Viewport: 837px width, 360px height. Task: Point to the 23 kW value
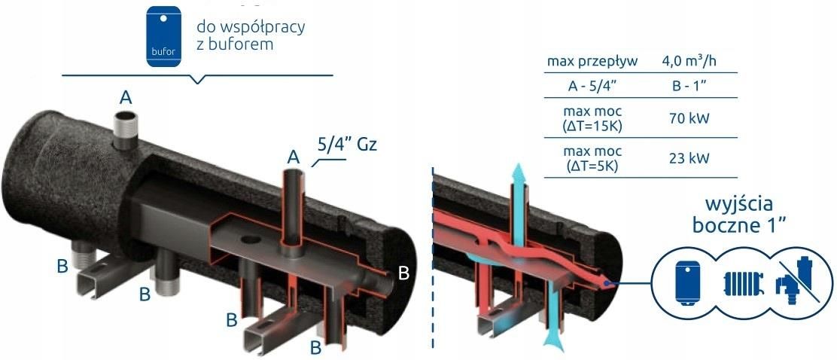[686, 158]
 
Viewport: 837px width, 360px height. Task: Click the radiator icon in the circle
[742, 284]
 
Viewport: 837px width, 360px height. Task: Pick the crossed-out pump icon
[795, 285]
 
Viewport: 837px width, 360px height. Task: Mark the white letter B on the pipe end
[403, 273]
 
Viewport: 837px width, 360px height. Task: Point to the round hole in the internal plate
[251, 243]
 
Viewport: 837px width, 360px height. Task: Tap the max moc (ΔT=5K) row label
[592, 158]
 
